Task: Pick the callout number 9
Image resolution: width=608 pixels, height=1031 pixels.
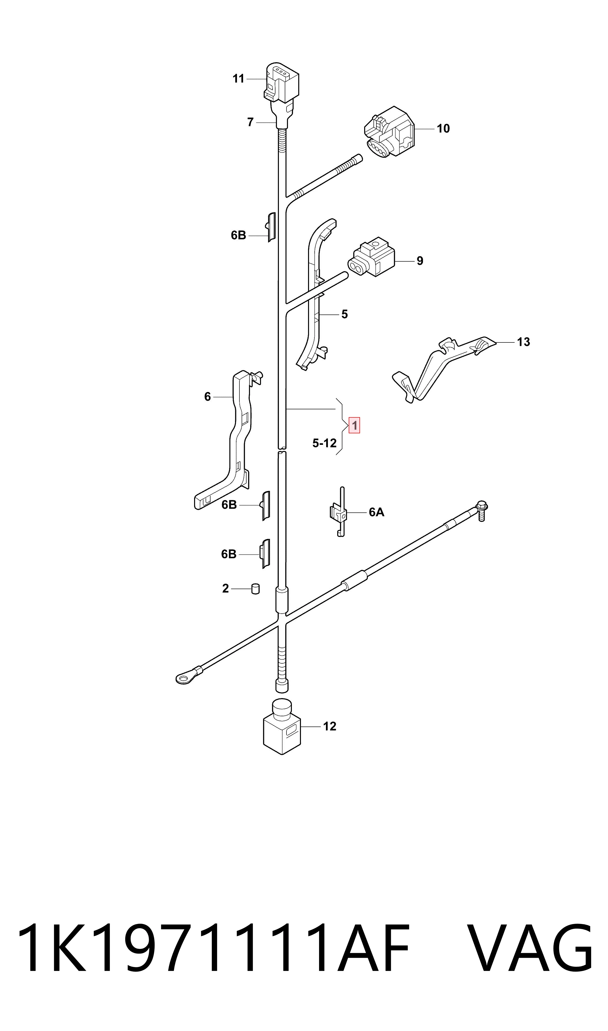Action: tap(420, 261)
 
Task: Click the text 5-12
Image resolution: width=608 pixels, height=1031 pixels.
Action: tap(324, 443)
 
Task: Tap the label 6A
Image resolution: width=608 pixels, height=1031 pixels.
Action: tap(376, 512)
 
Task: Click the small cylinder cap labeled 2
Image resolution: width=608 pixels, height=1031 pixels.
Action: tap(255, 589)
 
